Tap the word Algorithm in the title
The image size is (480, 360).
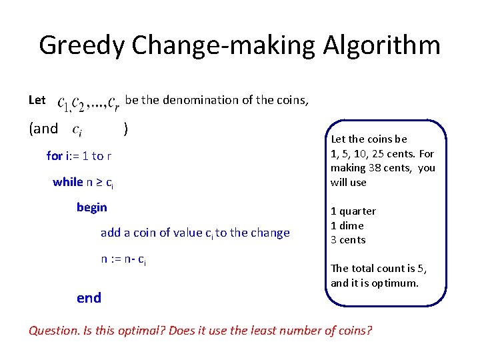pyautogui.click(x=382, y=46)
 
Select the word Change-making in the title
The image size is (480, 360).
pyautogui.click(x=225, y=46)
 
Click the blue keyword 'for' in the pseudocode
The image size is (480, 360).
pyautogui.click(x=54, y=156)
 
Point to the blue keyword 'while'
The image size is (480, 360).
pyautogui.click(x=68, y=182)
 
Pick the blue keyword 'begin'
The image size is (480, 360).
pyautogui.click(x=91, y=207)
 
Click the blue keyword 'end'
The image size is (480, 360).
pyautogui.click(x=89, y=298)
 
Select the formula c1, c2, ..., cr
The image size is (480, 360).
pyautogui.click(x=88, y=102)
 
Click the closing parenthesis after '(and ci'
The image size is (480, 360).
pyautogui.click(x=126, y=128)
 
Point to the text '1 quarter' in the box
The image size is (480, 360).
pyautogui.click(x=353, y=211)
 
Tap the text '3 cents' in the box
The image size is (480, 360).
pyautogui.click(x=348, y=240)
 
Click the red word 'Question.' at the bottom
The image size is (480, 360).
pyautogui.click(x=53, y=331)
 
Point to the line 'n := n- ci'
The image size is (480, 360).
pyautogui.click(x=123, y=259)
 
